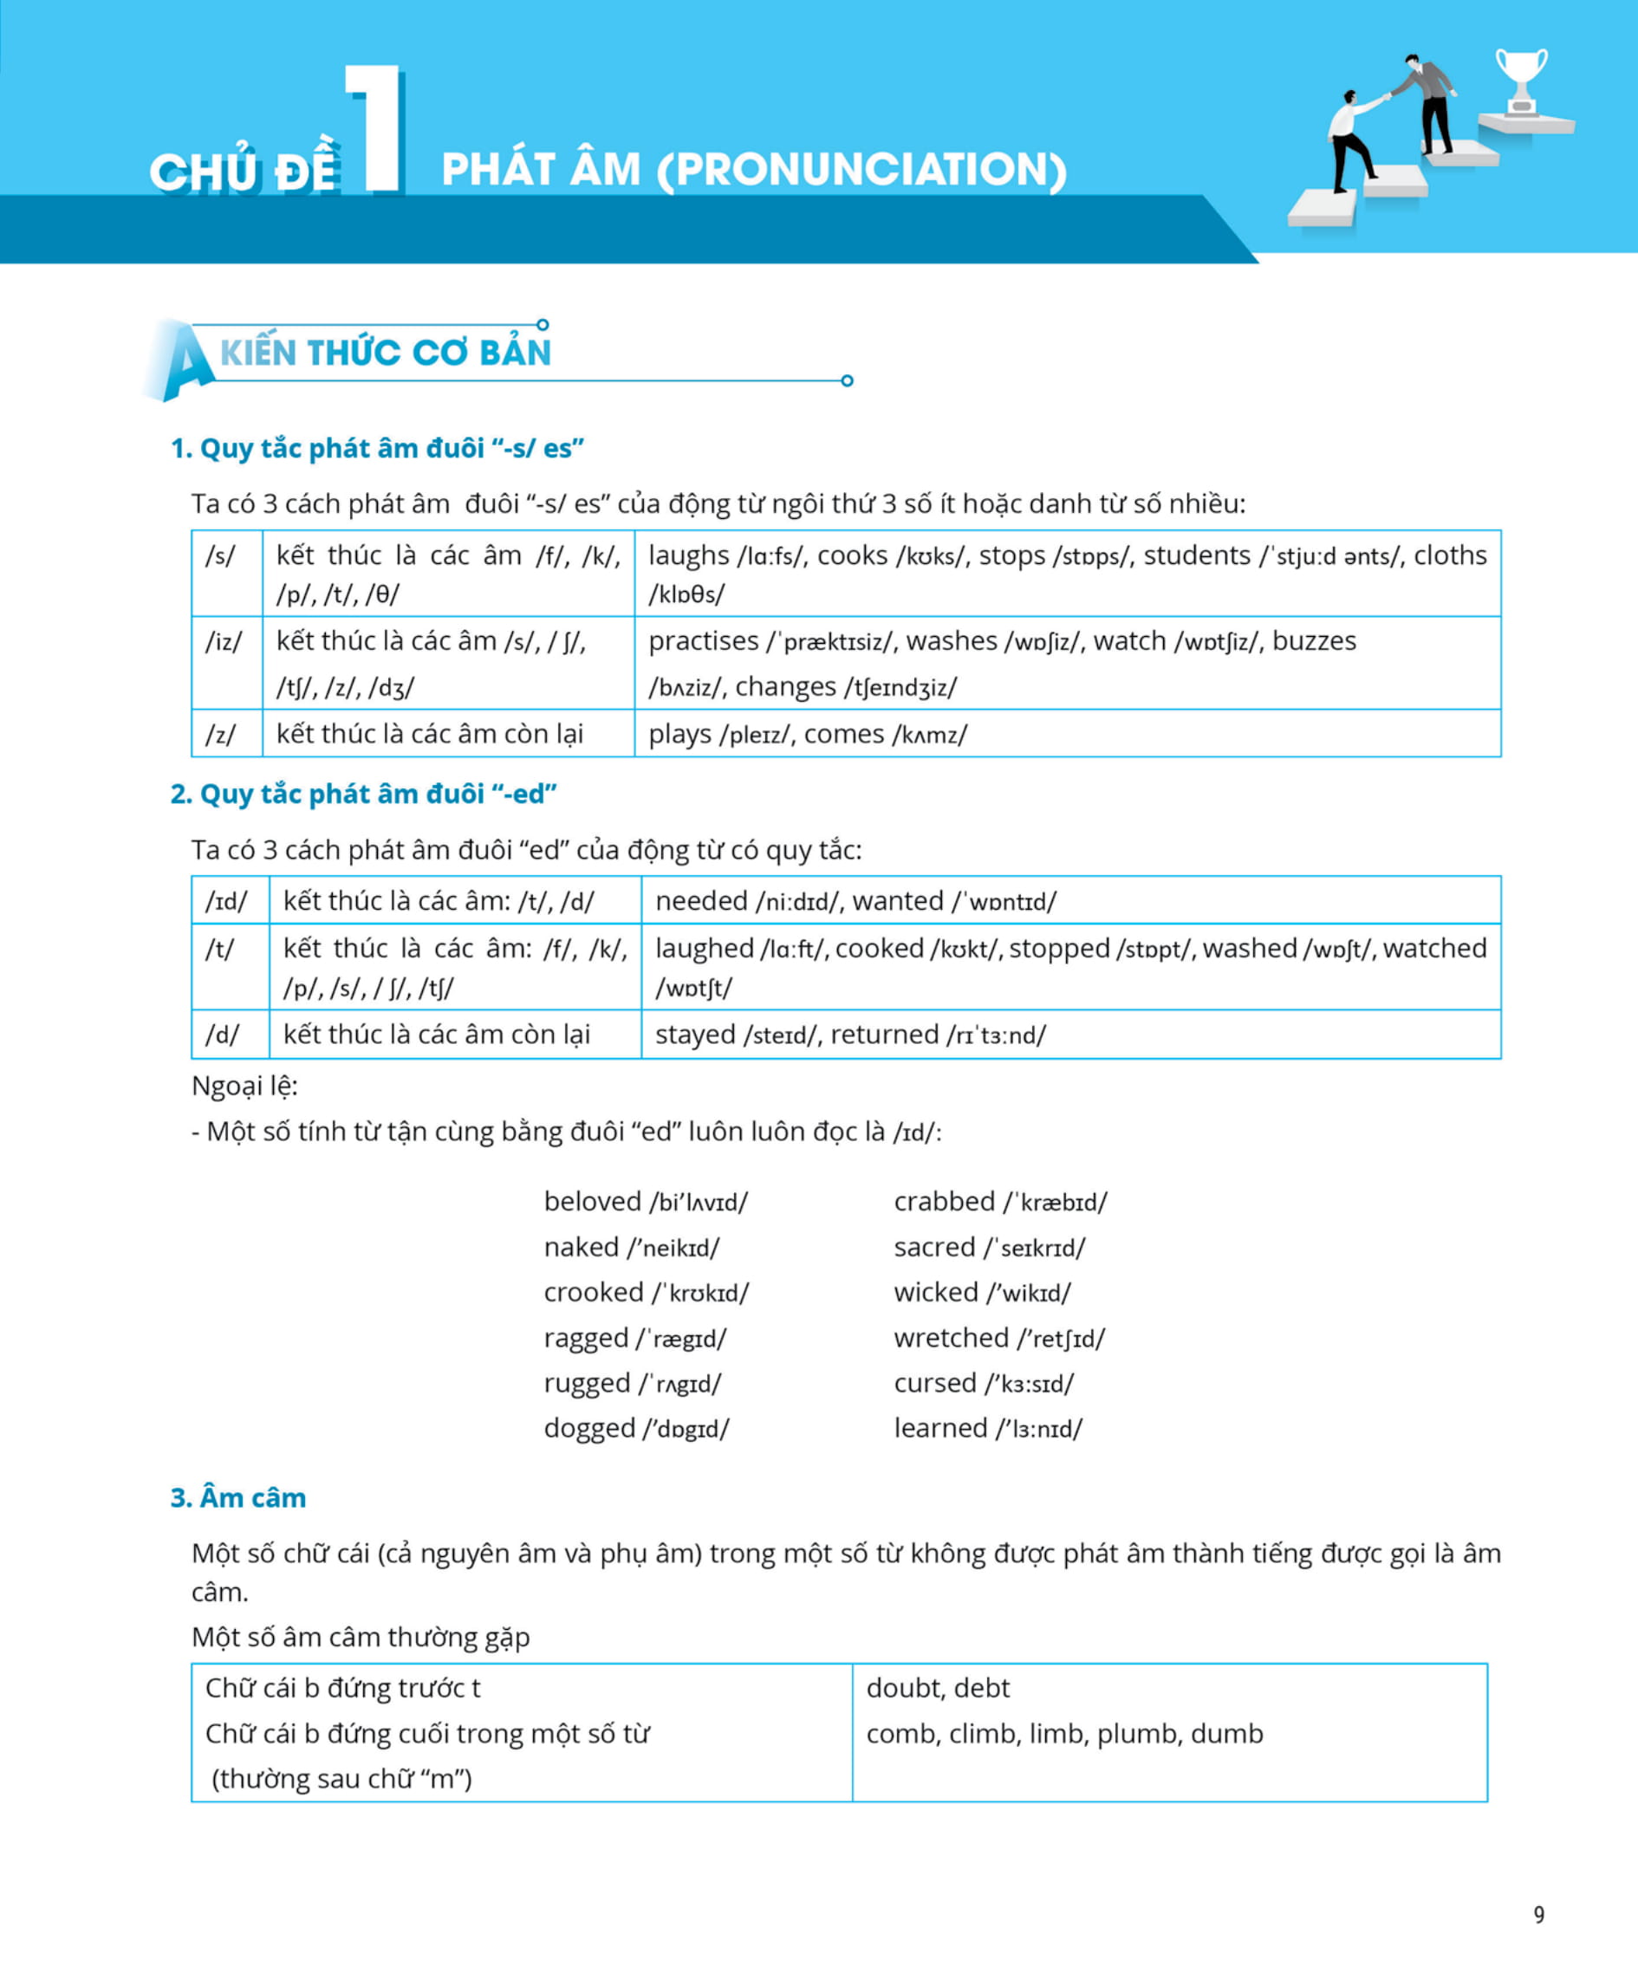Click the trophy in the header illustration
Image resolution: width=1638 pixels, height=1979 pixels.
1521,79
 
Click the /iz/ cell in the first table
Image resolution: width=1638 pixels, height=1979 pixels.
224,642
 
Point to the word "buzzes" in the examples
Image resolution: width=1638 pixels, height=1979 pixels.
1314,642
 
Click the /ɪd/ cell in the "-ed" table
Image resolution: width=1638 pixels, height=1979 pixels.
226,902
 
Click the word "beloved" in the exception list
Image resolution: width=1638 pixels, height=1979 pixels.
593,1202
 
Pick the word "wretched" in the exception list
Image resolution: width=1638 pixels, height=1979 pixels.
951,1338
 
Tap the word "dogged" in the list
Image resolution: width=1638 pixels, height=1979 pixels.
590,1429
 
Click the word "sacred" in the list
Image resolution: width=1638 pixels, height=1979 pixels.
934,1248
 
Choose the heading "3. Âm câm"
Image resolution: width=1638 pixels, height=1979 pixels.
238,1498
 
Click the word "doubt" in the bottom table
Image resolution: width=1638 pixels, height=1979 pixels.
898,1688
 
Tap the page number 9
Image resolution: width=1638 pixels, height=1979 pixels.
1539,1915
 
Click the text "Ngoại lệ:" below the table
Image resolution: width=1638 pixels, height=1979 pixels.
244,1087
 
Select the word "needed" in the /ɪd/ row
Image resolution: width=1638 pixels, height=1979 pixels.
701,902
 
